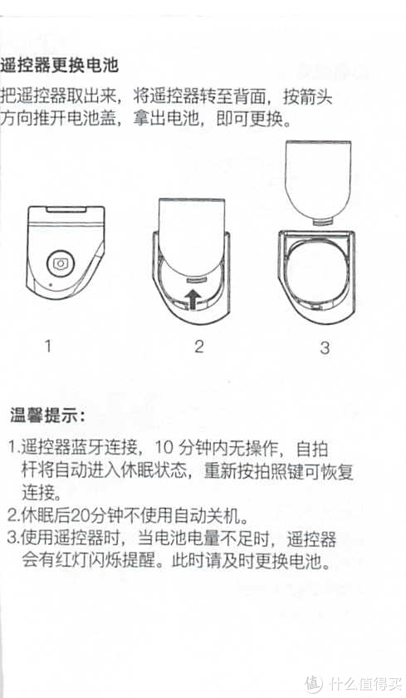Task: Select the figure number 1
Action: point(48,346)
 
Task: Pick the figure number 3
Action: point(325,347)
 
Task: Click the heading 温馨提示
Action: point(46,413)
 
